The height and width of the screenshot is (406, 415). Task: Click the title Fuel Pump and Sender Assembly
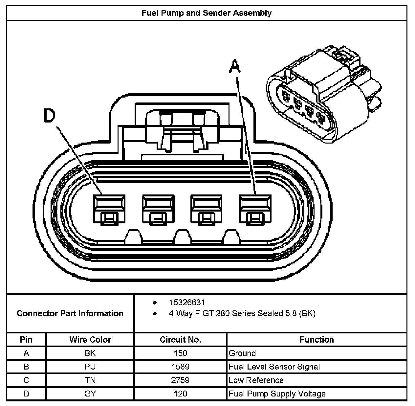(x=207, y=13)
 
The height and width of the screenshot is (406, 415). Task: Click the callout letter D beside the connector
(x=50, y=116)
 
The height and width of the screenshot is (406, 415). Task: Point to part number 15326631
(x=187, y=302)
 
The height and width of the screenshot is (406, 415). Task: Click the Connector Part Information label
(x=70, y=313)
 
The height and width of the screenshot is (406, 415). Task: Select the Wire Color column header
(x=90, y=340)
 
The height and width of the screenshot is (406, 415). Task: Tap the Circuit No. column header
(x=180, y=340)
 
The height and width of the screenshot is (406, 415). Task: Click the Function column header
(x=317, y=340)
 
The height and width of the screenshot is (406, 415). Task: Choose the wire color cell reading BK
(x=90, y=353)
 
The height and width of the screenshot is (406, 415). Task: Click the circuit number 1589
(x=180, y=367)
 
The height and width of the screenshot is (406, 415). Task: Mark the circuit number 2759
(x=180, y=380)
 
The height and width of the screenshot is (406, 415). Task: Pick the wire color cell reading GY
(x=90, y=394)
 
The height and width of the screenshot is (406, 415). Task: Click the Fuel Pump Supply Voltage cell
(x=277, y=394)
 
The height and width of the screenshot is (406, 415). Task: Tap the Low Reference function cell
(x=256, y=380)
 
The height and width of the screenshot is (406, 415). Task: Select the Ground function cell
(x=242, y=353)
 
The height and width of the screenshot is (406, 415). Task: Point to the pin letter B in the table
(x=26, y=367)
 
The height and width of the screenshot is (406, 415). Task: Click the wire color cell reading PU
(x=90, y=367)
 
